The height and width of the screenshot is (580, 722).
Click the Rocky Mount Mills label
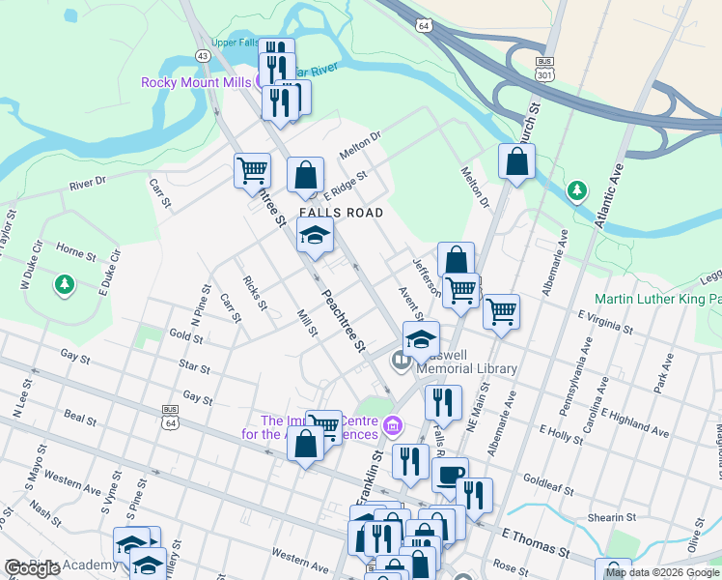pos(196,82)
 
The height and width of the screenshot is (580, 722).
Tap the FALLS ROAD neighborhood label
pos(341,213)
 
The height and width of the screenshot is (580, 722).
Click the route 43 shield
pos(202,56)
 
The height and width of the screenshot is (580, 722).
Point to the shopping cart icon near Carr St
pos(252,170)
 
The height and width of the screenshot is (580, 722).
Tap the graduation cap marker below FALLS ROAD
pos(315,236)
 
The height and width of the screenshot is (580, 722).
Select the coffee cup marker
pos(450,475)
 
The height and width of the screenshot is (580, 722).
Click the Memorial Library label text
pos(466,368)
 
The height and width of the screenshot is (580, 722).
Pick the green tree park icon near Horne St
pos(65,284)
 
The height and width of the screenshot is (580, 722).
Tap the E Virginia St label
pos(605,322)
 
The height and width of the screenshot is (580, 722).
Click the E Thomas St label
pos(538,541)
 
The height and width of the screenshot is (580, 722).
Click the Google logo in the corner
pos(31,568)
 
